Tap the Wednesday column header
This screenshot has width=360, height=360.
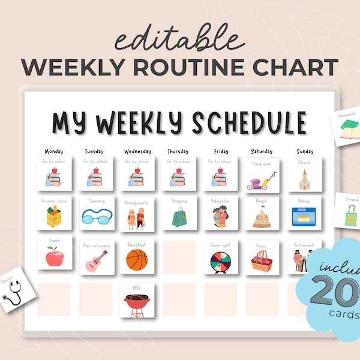pyautogui.click(x=137, y=151)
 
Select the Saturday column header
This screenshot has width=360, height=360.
pyautogui.click(x=262, y=151)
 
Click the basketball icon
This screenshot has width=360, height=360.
pyautogui.click(x=137, y=260)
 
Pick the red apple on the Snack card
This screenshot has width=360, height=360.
pyautogui.click(x=55, y=257)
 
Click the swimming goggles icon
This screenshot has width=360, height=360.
pyautogui.click(x=96, y=217)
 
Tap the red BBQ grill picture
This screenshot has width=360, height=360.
pyautogui.click(x=137, y=304)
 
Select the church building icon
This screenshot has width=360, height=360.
pyautogui.click(x=304, y=179)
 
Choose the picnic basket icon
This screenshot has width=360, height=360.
pyautogui.click(x=261, y=261)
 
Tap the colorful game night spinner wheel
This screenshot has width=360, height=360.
pyautogui.click(x=220, y=262)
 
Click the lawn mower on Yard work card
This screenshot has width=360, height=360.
pyautogui.click(x=262, y=180)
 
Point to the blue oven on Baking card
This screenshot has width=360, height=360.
pyautogui.click(x=304, y=217)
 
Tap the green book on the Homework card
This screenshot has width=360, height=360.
pyautogui.click(x=349, y=127)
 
